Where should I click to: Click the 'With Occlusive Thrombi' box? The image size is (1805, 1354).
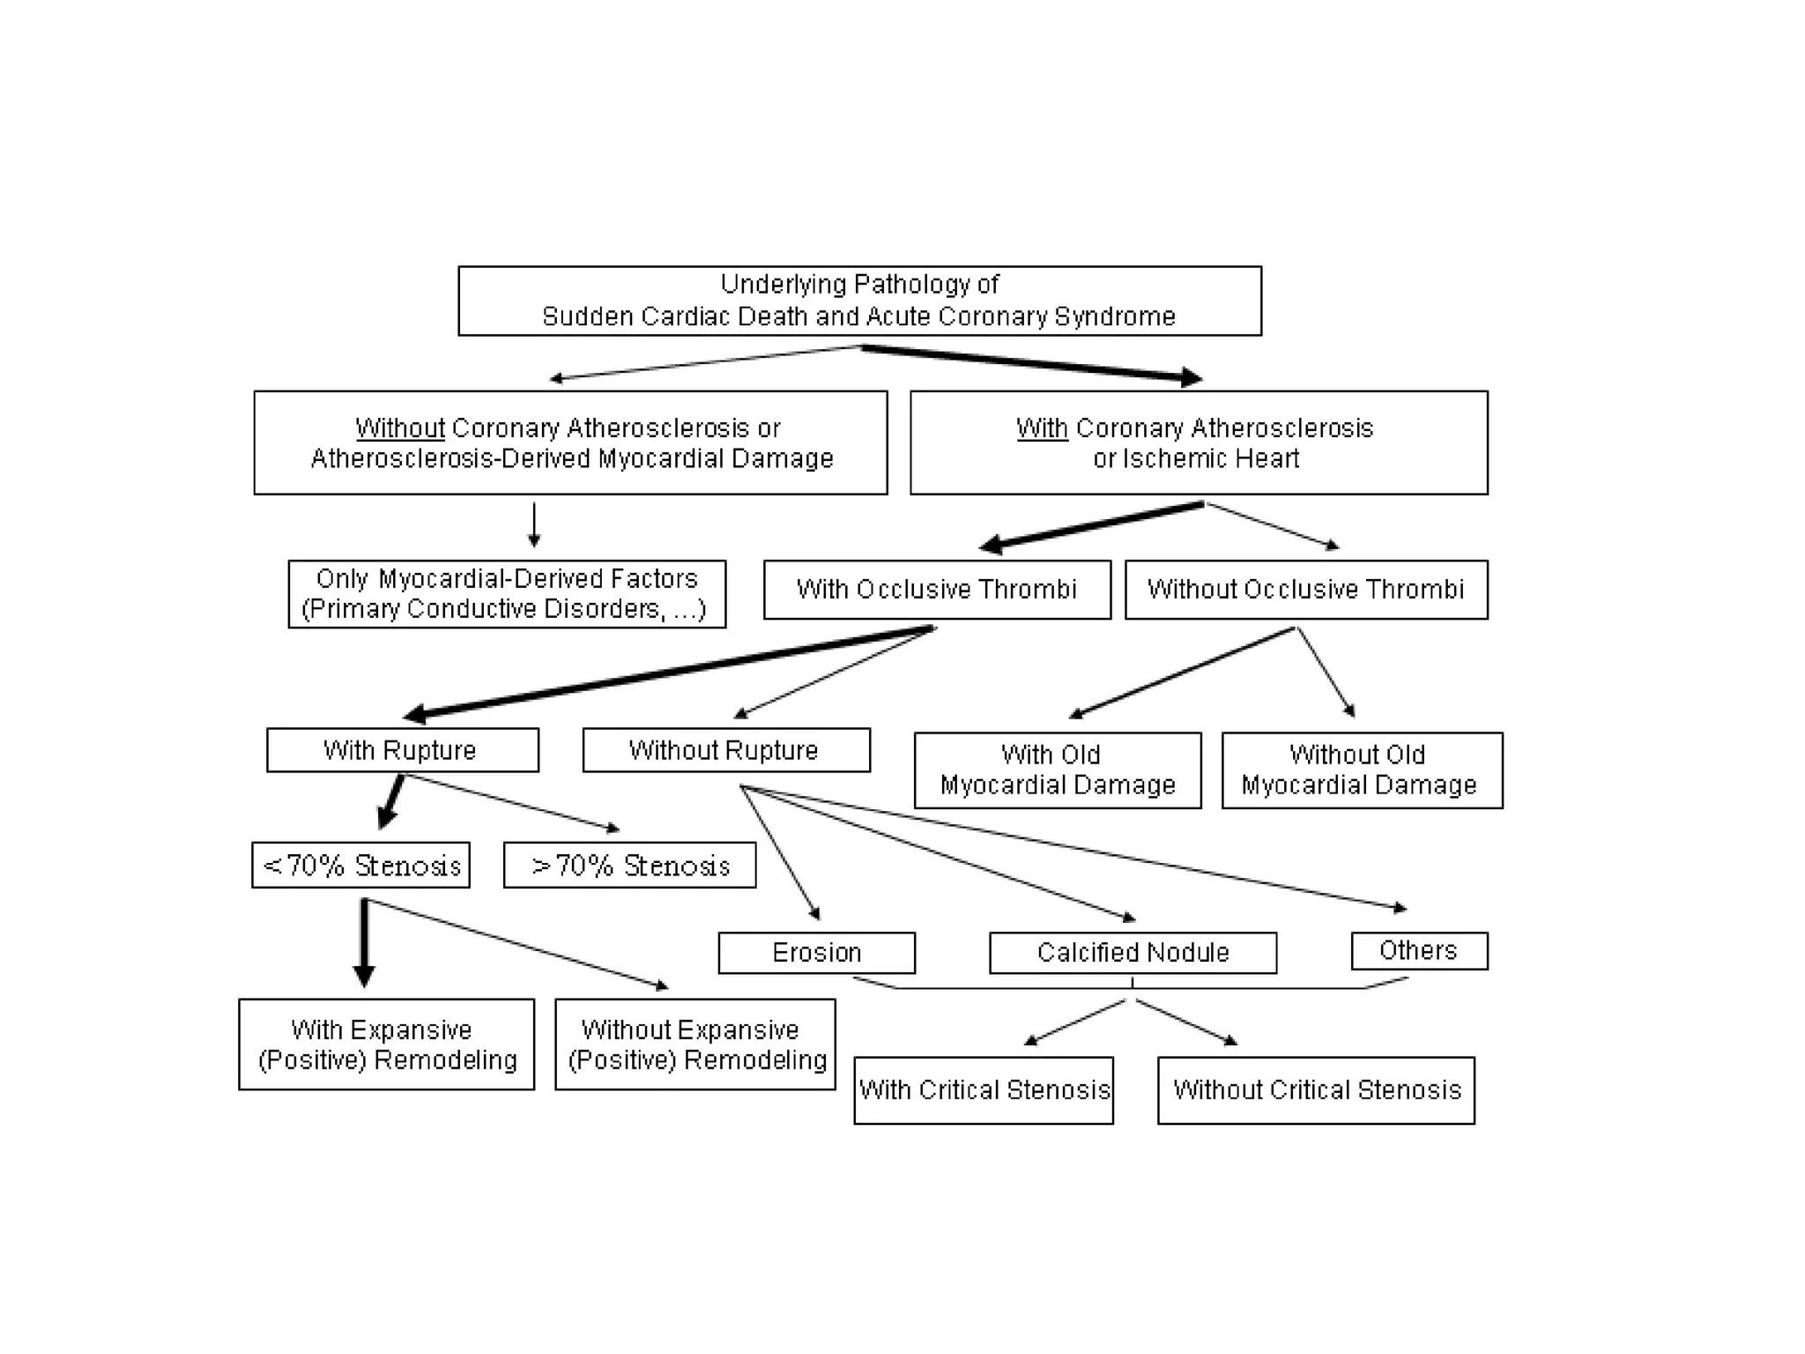coord(937,589)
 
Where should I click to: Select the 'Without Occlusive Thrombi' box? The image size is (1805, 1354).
coord(1305,589)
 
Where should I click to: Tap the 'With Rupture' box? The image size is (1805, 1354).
coord(402,750)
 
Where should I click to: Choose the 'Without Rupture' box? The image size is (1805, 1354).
coord(725,750)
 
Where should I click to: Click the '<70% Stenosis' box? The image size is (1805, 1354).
coord(360,865)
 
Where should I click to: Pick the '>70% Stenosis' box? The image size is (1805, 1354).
coord(629,865)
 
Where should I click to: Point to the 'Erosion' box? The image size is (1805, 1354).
coord(816,952)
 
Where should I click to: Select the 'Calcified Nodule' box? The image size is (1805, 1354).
coord(1133,952)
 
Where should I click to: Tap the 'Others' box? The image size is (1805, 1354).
coord(1418,950)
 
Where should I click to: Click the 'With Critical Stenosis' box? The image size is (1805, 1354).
coord(983,1090)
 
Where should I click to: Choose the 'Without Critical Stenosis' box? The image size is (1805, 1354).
coord(1316,1090)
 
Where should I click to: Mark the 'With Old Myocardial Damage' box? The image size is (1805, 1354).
coord(1057,770)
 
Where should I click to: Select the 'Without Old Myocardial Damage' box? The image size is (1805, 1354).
coord(1361,770)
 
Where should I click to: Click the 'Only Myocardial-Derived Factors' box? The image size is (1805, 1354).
coord(507,593)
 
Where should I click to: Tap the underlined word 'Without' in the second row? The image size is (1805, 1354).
coord(400,428)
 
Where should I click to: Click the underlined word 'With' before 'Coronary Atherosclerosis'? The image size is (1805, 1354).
coord(1041,428)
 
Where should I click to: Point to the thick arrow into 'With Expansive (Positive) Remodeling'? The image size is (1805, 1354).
coord(364,943)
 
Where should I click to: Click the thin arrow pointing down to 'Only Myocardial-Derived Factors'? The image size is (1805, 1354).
coord(534,524)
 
